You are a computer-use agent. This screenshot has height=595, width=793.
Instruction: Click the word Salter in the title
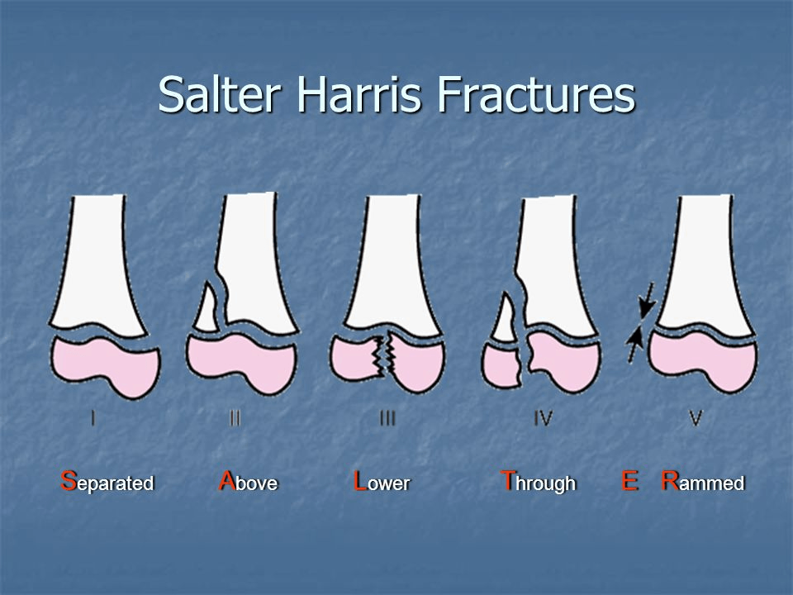(x=219, y=94)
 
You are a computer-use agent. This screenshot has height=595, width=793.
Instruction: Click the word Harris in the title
(x=359, y=94)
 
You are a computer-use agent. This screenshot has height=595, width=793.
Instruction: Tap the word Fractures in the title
(x=536, y=94)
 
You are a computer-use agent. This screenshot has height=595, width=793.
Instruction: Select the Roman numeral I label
(x=93, y=418)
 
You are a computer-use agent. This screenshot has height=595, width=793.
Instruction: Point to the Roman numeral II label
(x=235, y=418)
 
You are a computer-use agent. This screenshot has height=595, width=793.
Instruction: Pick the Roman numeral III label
(x=387, y=418)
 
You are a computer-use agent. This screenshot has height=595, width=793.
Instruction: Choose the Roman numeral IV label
(x=543, y=418)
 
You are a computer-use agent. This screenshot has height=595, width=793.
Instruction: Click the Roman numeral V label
(x=696, y=418)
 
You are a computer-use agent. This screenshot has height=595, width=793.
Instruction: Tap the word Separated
(x=107, y=482)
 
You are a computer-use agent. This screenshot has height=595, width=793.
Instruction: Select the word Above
(x=248, y=481)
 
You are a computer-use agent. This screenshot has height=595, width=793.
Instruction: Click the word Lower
(x=382, y=481)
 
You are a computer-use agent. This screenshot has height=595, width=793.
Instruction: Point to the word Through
(x=538, y=482)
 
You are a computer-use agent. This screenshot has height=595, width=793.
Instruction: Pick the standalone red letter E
(x=629, y=481)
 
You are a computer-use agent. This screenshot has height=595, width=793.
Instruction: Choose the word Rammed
(x=703, y=481)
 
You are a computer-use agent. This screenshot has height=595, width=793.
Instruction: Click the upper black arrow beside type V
(x=647, y=300)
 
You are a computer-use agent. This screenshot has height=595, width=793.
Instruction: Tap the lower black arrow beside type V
(x=634, y=345)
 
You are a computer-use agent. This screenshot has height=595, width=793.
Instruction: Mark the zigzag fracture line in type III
(x=384, y=355)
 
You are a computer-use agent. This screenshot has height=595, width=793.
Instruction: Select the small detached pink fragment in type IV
(x=501, y=364)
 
